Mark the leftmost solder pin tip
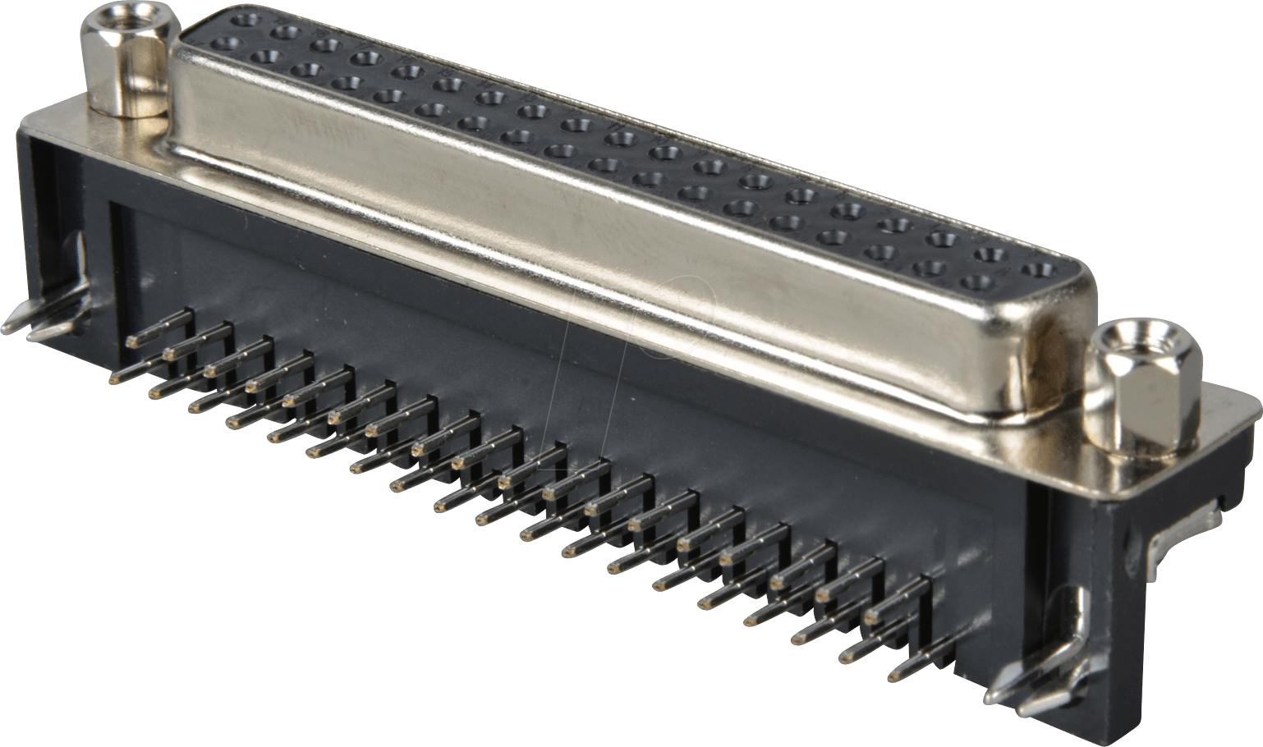click(116, 378)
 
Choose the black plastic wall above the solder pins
click(493, 345)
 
